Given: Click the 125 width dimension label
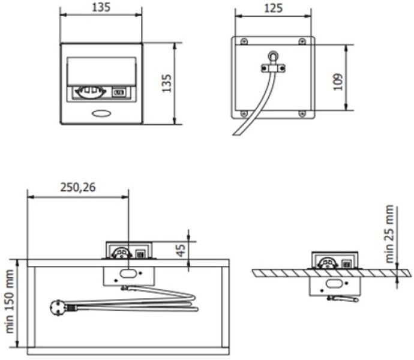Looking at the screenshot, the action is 273,8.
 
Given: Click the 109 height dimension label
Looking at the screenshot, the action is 338,82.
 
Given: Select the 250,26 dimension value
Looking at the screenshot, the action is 78,187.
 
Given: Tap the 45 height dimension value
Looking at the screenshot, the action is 181,250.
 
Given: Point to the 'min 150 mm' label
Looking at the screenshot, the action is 10,301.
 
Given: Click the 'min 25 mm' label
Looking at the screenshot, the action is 390,234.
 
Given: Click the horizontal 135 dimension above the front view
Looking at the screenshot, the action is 101,7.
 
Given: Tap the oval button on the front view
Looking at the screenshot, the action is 101,113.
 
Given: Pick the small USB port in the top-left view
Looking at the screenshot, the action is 119,92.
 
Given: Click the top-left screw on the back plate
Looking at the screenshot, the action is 244,41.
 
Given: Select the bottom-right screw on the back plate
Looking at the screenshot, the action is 302,113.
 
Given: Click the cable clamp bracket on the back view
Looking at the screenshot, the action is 273,68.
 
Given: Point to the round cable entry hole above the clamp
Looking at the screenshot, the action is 273,56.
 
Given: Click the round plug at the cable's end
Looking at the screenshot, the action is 57,308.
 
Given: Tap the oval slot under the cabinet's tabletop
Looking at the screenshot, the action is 128,274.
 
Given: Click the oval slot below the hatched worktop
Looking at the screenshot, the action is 334,284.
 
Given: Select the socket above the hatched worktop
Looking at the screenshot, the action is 328,263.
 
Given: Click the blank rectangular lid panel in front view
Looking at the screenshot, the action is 101,71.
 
